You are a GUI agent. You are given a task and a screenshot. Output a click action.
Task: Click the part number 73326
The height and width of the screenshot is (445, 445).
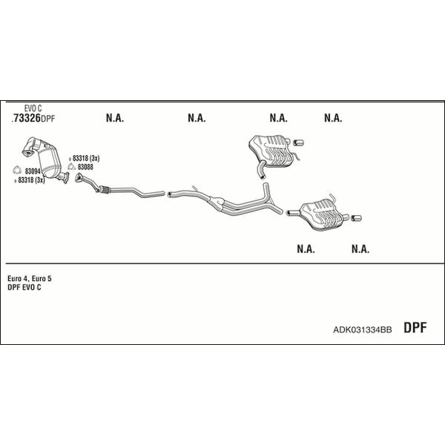click(27, 118)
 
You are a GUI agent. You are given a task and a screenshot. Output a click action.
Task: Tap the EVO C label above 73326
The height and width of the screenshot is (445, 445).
click(33, 108)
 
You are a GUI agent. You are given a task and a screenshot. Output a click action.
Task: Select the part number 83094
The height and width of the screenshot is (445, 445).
click(33, 171)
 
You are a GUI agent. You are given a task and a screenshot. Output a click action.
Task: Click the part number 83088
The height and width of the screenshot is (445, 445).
click(85, 167)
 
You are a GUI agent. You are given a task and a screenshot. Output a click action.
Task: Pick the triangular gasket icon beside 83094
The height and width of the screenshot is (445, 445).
click(17, 170)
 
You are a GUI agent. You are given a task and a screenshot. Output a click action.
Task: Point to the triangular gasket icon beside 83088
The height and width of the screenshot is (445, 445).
click(72, 167)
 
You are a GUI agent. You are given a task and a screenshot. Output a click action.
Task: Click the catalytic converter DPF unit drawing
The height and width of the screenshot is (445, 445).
click(46, 159)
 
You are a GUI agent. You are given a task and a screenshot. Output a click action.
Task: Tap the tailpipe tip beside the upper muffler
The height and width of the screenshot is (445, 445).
click(298, 142)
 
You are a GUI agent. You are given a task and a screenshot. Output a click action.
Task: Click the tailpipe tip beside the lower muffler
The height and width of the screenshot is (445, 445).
click(356, 218)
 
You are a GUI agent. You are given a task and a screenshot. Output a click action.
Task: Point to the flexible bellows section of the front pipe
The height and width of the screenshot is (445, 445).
click(104, 189)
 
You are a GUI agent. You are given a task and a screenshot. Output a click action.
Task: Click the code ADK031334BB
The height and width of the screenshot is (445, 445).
click(363, 329)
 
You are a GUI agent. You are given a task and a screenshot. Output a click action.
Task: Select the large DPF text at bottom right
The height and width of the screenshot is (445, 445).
click(415, 327)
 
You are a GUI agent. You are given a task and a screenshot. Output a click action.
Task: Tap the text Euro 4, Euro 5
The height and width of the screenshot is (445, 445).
click(30, 278)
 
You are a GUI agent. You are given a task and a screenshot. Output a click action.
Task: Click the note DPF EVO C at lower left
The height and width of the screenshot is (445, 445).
click(24, 287)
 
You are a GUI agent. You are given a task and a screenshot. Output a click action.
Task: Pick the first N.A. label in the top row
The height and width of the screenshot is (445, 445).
click(115, 118)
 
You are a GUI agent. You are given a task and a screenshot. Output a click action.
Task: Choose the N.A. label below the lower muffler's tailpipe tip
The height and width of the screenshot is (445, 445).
click(360, 249)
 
